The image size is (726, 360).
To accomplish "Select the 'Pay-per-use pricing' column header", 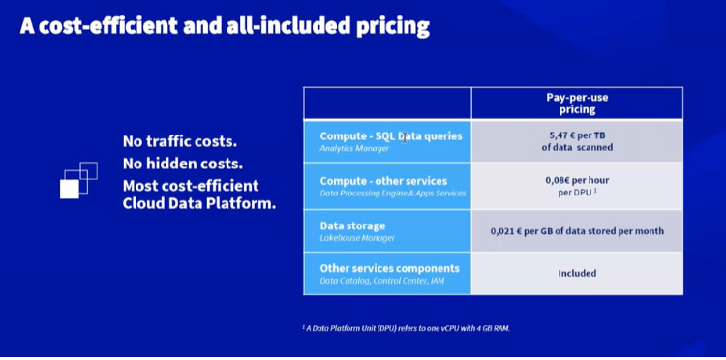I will pos(577,104).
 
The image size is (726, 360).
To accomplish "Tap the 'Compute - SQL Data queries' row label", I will pos(391,136).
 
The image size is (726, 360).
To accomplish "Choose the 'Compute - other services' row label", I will pos(383,181).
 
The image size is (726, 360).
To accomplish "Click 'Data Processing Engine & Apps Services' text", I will pos(393,194).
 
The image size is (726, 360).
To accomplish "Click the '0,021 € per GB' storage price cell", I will pos(577,230).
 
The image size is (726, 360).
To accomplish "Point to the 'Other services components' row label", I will pos(389,268).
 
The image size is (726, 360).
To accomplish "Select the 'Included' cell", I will pos(577,274).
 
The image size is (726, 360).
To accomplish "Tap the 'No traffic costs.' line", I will pos(180,142).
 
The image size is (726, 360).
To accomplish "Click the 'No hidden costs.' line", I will pos(182,164).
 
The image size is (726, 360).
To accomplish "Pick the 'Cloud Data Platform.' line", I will pos(198,204).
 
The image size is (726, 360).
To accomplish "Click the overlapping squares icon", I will pos(78,181).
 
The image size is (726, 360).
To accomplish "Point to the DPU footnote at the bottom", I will pos(406,329).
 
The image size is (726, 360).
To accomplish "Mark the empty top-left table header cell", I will pos(387,104).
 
